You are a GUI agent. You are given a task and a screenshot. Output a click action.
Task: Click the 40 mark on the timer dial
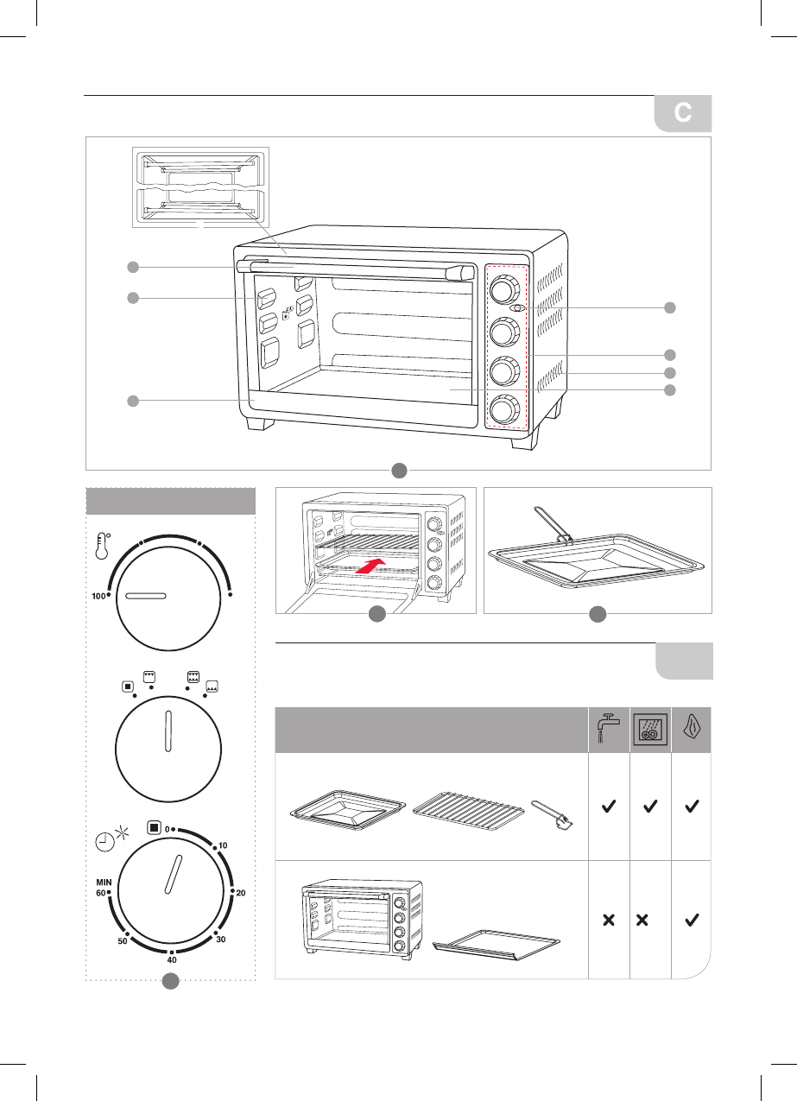[172, 959]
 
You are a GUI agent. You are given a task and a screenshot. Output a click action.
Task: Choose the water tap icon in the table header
[609, 727]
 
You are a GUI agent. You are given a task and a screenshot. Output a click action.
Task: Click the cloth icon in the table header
[691, 727]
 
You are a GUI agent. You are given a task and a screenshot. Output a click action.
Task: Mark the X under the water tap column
[609, 921]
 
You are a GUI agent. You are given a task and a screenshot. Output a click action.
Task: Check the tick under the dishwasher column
[650, 807]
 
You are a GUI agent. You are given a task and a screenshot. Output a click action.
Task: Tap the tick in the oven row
[691, 921]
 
